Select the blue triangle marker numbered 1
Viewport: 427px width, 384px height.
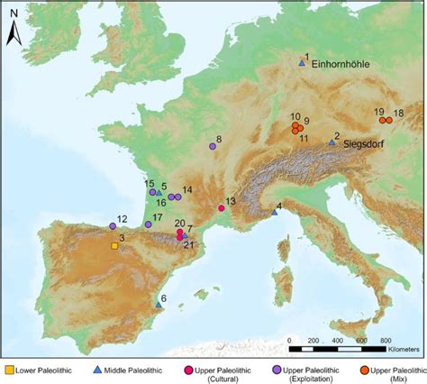pos(303,63)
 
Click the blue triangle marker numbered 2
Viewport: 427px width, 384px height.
pos(332,142)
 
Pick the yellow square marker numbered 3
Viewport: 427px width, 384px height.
pos(114,245)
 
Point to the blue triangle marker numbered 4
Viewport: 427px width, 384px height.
pos(275,212)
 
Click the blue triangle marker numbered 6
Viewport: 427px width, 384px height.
pos(159,305)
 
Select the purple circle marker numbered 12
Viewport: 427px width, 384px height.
pos(113,225)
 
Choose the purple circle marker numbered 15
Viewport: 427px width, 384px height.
pos(152,192)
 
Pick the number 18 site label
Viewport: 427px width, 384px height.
pos(398,113)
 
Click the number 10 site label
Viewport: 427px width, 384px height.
pos(295,116)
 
